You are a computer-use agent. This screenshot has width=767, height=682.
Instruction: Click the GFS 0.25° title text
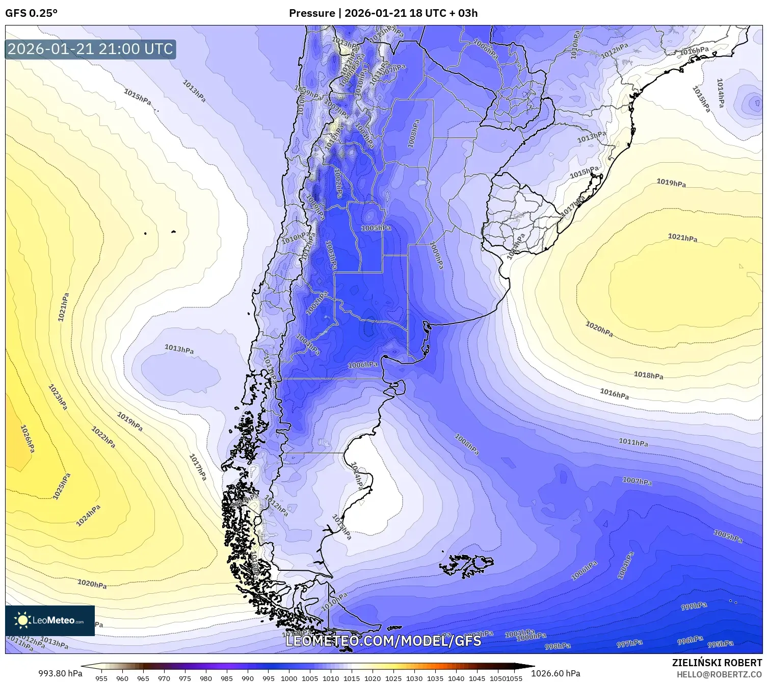pos(31,13)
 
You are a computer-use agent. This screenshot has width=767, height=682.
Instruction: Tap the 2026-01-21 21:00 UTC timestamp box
pos(90,49)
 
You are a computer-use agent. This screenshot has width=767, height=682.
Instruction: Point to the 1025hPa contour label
pos(62,486)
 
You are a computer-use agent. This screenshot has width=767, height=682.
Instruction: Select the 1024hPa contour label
pos(88,515)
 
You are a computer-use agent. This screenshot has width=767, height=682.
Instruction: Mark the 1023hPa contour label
pos(58,397)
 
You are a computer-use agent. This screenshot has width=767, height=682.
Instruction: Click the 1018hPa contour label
pos(648,375)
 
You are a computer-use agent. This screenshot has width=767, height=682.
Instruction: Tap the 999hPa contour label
pos(694,606)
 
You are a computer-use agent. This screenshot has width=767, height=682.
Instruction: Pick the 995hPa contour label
pos(720,644)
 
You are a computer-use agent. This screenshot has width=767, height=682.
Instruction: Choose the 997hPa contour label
pos(629,644)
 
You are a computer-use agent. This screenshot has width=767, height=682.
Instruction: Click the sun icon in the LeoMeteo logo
pos(22,620)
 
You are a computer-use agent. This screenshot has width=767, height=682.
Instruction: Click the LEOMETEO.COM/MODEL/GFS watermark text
pos(383,641)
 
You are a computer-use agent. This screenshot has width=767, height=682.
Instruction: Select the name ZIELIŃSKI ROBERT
pos(717,663)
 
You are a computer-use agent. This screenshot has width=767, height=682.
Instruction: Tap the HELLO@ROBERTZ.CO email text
pos(719,674)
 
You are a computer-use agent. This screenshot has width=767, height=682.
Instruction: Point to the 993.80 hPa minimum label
pos(60,673)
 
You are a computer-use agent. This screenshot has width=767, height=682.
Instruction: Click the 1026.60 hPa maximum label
pos(556,673)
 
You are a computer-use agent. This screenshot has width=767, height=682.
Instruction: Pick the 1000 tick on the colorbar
pos(289,678)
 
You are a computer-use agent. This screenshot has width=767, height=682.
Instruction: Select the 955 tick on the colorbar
pos(101,678)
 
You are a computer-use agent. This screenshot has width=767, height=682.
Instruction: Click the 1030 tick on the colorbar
pos(414,678)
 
